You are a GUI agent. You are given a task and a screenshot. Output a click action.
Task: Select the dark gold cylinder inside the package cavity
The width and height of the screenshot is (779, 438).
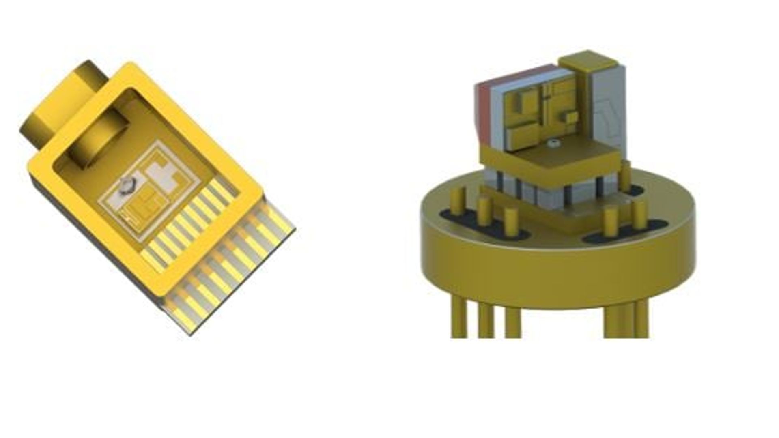97,142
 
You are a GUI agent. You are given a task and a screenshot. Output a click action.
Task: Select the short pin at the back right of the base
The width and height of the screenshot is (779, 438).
626,170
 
